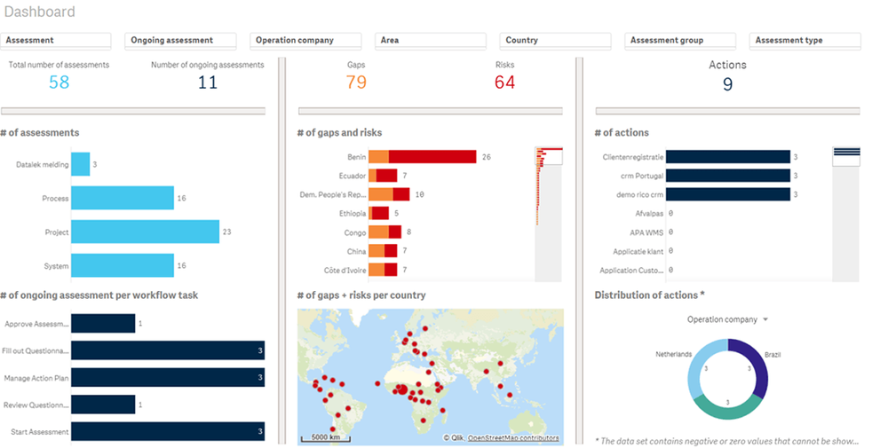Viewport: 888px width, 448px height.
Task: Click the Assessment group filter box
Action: coord(680,41)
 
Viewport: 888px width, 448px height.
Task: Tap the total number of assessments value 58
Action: coord(59,83)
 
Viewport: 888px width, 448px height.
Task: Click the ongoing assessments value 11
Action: coord(207,83)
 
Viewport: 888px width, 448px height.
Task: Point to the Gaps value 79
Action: coord(356,83)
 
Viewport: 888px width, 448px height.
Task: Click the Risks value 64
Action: coord(504,83)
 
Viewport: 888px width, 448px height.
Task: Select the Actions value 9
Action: coord(727,85)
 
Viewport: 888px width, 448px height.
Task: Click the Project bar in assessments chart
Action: coord(145,232)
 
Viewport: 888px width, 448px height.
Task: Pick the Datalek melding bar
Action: coord(80,165)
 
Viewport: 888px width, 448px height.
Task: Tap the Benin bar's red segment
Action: coord(432,157)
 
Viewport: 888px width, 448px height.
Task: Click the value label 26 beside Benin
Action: coord(486,157)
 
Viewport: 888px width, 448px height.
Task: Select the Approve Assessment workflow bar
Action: coord(103,325)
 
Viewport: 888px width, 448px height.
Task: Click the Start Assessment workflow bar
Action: coord(167,432)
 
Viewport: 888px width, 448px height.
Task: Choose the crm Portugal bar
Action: coord(727,176)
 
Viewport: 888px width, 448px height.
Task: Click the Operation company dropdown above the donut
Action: coord(727,319)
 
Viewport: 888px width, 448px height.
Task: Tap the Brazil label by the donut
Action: coord(772,354)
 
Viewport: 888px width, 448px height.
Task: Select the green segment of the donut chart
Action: coord(727,405)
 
